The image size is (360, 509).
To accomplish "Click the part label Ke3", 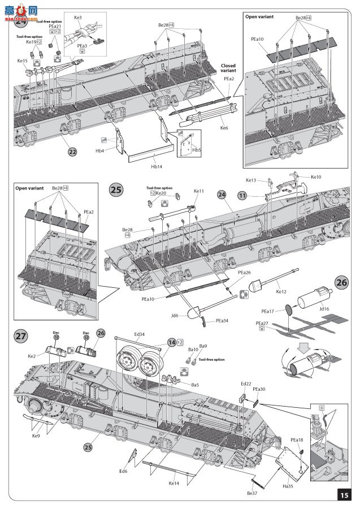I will click(78, 18).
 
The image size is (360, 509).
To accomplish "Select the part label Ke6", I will click(224, 128).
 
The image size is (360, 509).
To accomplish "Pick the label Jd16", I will click(323, 309).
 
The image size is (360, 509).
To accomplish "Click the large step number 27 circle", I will click(21, 336).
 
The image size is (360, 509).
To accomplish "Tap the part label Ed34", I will click(140, 334).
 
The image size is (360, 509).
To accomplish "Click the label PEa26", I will click(244, 273).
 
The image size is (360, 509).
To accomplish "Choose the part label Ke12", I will click(281, 292).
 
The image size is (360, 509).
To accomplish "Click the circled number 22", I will click(72, 152).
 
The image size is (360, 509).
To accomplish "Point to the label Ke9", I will click(36, 435).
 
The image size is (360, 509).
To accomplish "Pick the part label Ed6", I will click(123, 471).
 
